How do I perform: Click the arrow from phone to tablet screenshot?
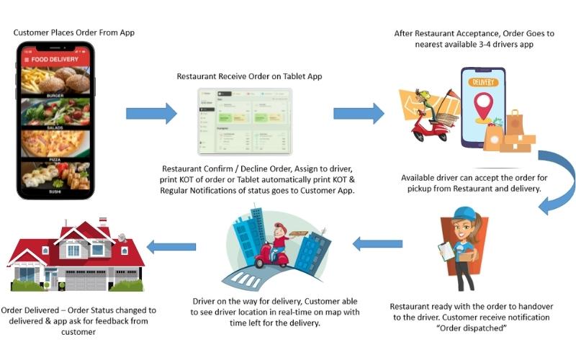click(150, 113)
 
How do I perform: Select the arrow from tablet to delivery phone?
click(358, 113)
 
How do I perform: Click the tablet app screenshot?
click(245, 122)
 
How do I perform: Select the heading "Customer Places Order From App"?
click(73, 32)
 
